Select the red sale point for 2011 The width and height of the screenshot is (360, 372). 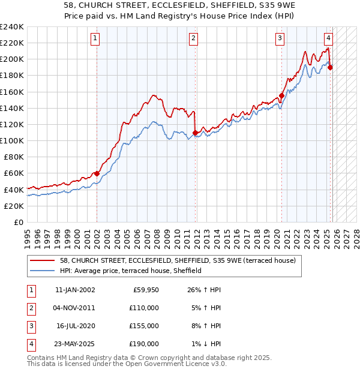pyautogui.click(x=196, y=133)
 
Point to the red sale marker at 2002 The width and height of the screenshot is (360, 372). pyautogui.click(x=97, y=173)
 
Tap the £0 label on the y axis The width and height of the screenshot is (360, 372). pyautogui.click(x=18, y=222)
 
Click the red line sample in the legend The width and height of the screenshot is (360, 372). pyautogui.click(x=43, y=261)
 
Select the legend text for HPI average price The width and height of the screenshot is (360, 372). pyautogui.click(x=131, y=271)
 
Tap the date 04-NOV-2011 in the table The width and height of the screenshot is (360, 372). pyautogui.click(x=74, y=308)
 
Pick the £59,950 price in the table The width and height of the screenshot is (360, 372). pyautogui.click(x=145, y=289)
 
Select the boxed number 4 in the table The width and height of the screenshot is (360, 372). pyautogui.click(x=30, y=344)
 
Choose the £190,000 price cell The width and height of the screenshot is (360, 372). pyautogui.click(x=145, y=344)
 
